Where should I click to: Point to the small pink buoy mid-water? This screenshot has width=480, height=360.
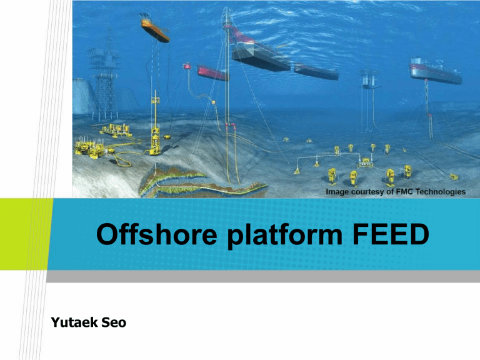186,66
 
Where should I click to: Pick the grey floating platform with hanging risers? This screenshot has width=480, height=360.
369,78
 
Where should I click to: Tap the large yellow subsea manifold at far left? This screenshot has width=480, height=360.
87,149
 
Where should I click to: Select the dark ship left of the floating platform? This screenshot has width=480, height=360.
316,72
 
